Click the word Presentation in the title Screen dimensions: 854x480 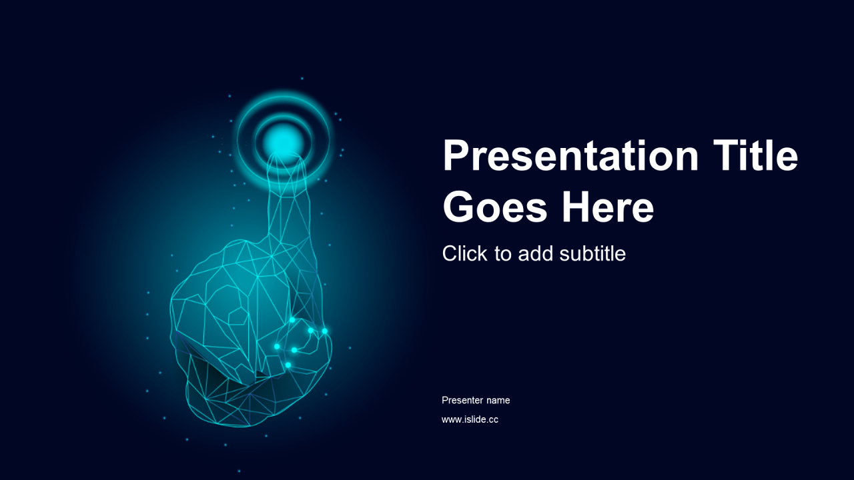pos(570,156)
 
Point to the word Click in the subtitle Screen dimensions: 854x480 pos(464,253)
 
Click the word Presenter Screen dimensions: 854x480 pos(462,400)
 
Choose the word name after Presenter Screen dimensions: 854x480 pos(498,401)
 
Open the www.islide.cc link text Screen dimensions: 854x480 pos(470,419)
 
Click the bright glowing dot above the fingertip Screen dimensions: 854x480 pos(282,142)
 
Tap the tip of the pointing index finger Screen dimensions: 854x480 pos(286,154)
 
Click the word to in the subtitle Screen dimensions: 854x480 pos(503,254)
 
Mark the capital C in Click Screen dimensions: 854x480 pos(450,253)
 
